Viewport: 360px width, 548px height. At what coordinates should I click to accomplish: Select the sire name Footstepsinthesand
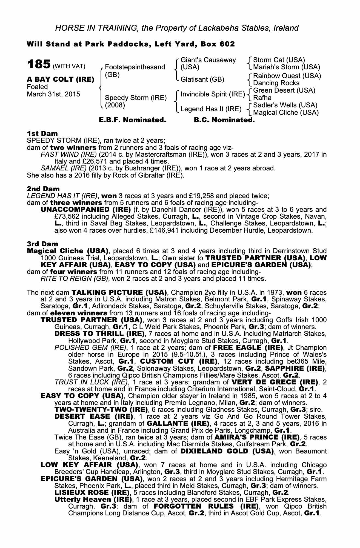click(135, 67)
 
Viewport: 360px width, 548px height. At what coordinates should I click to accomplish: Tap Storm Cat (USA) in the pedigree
click(279, 60)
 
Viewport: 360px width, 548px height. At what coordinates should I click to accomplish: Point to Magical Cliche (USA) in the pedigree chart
click(286, 112)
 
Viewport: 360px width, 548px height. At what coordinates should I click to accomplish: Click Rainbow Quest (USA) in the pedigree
click(287, 76)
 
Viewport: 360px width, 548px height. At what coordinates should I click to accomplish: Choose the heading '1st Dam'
click(42, 133)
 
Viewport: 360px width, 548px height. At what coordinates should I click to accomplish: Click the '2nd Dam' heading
click(43, 189)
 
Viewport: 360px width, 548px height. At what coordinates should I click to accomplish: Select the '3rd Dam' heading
click(43, 244)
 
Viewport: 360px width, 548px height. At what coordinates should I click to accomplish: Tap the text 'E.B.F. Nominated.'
click(132, 120)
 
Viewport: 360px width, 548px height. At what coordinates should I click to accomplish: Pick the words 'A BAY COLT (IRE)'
click(61, 79)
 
